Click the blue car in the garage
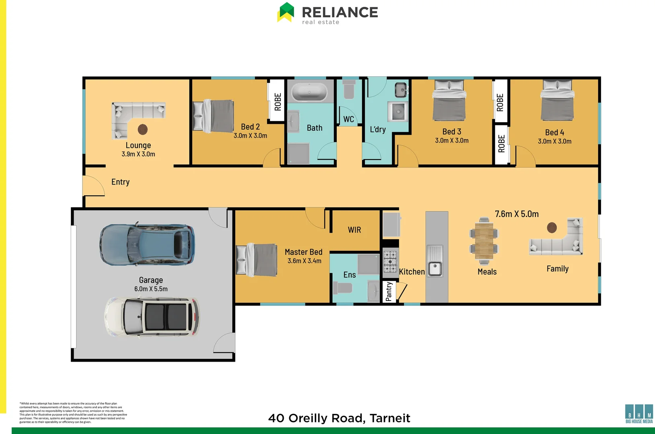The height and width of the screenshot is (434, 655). (147, 245)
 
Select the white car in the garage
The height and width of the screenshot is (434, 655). (152, 317)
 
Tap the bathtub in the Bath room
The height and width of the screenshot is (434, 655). (309, 92)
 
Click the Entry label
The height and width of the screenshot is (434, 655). (120, 182)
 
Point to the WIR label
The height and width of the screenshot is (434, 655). (354, 230)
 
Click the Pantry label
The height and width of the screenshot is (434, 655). (389, 291)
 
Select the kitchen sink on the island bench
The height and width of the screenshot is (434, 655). (435, 268)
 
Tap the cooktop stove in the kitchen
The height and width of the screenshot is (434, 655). (389, 262)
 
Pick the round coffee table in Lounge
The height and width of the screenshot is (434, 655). (143, 129)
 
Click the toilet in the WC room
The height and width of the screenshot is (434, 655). (349, 90)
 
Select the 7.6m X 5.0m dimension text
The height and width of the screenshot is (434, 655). (517, 214)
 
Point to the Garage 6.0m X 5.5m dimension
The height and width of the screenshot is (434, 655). (151, 289)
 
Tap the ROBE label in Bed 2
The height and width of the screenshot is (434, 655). (278, 102)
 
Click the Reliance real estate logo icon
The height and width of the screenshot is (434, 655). (286, 12)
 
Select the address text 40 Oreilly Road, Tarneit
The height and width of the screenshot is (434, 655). (339, 418)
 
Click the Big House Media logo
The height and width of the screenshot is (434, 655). (639, 414)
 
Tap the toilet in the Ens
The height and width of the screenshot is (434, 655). (342, 288)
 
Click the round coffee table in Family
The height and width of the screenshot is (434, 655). (552, 228)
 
